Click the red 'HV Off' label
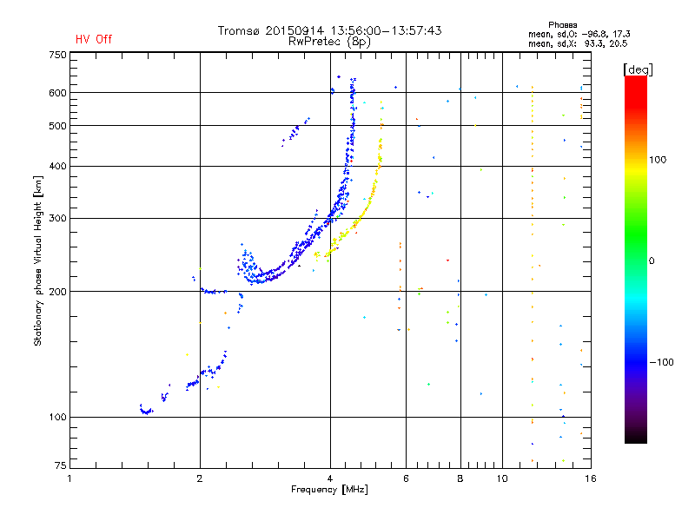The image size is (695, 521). click(x=93, y=39)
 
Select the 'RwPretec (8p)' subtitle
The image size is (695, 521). click(x=329, y=41)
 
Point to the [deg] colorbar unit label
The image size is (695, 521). click(x=639, y=69)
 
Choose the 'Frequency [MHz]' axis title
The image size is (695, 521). click(x=329, y=490)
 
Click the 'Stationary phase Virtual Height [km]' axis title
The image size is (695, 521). click(x=38, y=260)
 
